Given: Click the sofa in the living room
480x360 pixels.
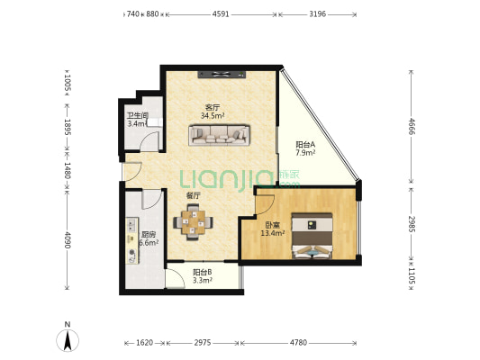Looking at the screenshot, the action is (219, 135).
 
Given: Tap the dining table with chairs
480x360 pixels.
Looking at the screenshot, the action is (193, 222).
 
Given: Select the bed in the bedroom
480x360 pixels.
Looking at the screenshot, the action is (312, 236).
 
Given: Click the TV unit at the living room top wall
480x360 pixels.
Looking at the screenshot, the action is (222, 75).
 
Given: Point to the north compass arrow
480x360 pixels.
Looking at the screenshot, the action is (68, 340).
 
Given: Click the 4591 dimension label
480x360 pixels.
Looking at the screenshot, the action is (221, 14).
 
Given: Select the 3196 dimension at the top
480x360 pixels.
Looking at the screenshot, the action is (318, 14).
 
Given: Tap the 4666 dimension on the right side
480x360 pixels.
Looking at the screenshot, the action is (412, 126).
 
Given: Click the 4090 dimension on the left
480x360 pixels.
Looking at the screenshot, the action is (68, 240).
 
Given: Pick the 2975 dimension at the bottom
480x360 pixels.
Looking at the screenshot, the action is (203, 343).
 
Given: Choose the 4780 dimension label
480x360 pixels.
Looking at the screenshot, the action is (298, 343).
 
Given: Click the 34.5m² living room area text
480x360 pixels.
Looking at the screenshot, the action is (213, 115).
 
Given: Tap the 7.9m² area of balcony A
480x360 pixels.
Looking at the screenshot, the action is (305, 153).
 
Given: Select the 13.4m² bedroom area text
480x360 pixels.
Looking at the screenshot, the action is (273, 233).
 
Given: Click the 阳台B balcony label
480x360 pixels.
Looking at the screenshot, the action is (203, 272).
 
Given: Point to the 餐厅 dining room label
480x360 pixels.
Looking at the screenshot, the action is (194, 196).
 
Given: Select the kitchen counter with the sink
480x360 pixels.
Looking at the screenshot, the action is (132, 240).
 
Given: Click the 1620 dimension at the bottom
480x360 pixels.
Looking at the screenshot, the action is (144, 343).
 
